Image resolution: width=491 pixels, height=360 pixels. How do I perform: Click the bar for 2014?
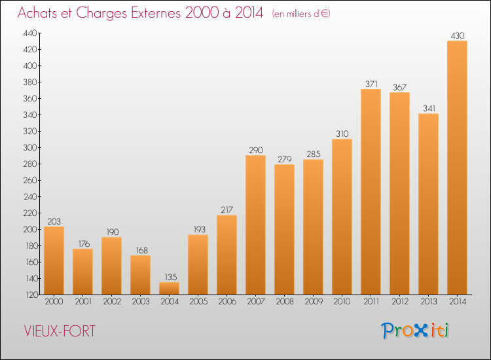coord(457,168)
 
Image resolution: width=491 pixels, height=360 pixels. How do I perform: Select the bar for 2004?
coord(169,288)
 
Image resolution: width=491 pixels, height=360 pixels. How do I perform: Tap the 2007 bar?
coord(255,225)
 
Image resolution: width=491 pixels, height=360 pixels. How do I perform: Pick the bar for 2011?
coord(371,192)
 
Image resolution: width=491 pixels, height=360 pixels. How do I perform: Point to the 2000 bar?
coord(54,261)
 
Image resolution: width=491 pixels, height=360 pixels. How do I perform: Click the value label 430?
coord(458,36)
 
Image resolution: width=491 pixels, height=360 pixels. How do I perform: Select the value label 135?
coord(171,277)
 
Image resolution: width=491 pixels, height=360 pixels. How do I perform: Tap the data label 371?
coord(371,84)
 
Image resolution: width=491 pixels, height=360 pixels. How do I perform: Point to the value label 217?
coord(227,209)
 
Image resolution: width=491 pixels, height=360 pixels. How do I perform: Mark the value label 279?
coord(285,159)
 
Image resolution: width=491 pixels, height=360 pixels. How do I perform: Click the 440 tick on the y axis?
coord(29,33)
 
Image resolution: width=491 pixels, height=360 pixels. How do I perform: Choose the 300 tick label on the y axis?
coord(29,147)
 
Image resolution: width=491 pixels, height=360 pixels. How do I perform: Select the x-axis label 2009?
coord(314,302)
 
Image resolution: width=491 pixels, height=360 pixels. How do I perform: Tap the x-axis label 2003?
coord(141,302)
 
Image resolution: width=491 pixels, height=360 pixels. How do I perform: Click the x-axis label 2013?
coord(429,302)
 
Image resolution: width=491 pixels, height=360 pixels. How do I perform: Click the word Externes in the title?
coord(156,13)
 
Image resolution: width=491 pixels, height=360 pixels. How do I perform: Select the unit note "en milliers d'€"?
coord(301,14)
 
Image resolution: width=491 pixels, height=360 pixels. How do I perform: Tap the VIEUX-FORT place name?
coord(60,331)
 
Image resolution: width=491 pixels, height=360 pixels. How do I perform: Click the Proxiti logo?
coord(415,331)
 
